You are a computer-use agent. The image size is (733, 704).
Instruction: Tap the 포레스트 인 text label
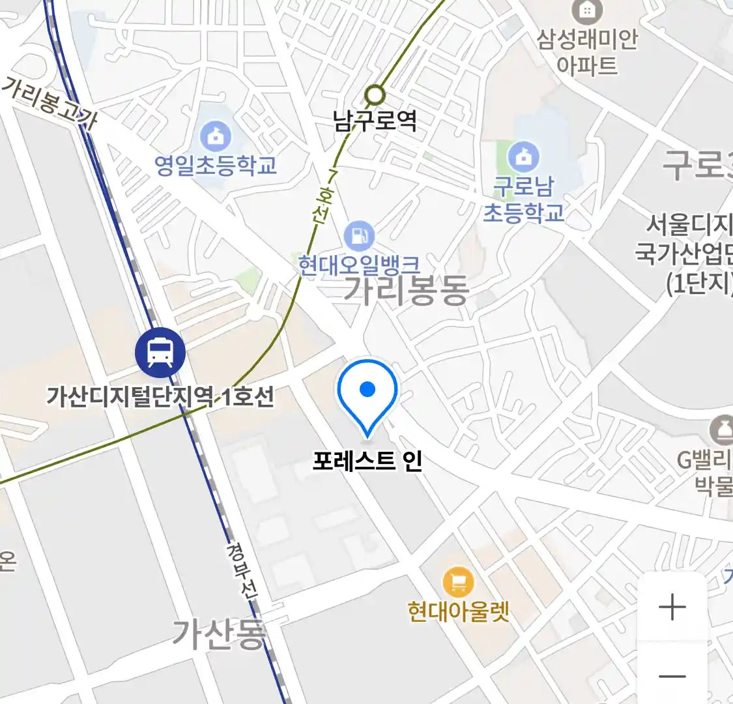[x=367, y=461]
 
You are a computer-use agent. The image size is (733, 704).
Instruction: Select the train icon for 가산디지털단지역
[x=160, y=353]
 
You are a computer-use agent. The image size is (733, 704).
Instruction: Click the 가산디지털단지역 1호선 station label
[x=160, y=396]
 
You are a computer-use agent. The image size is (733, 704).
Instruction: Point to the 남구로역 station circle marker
[x=375, y=96]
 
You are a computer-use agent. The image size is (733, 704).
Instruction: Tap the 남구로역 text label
[x=375, y=121]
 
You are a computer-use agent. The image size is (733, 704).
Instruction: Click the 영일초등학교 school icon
[x=215, y=136]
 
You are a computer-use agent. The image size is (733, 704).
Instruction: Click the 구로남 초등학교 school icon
[x=523, y=156]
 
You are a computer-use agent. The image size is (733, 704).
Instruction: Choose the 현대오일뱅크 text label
[x=359, y=265]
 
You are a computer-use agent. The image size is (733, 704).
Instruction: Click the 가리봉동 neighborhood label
[x=405, y=289]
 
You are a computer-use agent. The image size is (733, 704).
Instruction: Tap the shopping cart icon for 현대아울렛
[x=458, y=582]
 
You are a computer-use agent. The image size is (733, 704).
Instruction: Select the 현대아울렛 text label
[x=458, y=611]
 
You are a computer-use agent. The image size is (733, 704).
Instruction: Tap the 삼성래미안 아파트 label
[x=587, y=52]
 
